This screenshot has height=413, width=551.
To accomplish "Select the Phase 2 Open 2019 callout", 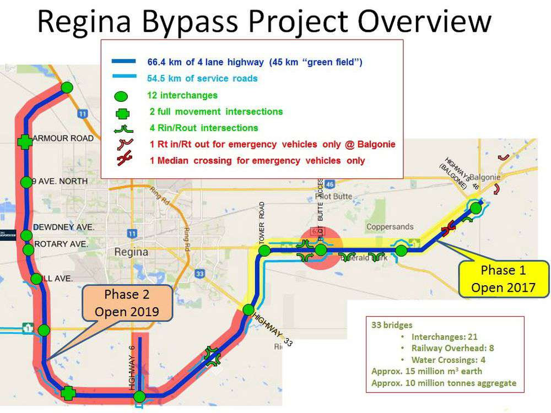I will pyautogui.click(x=127, y=303).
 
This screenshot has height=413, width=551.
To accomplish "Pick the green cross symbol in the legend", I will pyautogui.click(x=123, y=113).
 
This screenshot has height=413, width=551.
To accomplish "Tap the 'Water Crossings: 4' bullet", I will pyautogui.click(x=449, y=360).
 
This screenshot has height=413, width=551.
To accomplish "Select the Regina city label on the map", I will pyautogui.click(x=131, y=252).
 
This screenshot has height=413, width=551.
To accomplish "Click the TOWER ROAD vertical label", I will pyautogui.click(x=262, y=222).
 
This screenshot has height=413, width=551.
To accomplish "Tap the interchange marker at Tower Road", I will pyautogui.click(x=264, y=251).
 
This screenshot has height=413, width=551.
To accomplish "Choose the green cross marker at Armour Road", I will pyautogui.click(x=24, y=142).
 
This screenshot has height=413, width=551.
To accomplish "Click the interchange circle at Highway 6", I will pyautogui.click(x=139, y=396).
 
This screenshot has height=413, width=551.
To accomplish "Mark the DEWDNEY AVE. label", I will pyautogui.click(x=64, y=227).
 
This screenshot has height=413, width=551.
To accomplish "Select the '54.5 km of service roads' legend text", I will pyautogui.click(x=202, y=79).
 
